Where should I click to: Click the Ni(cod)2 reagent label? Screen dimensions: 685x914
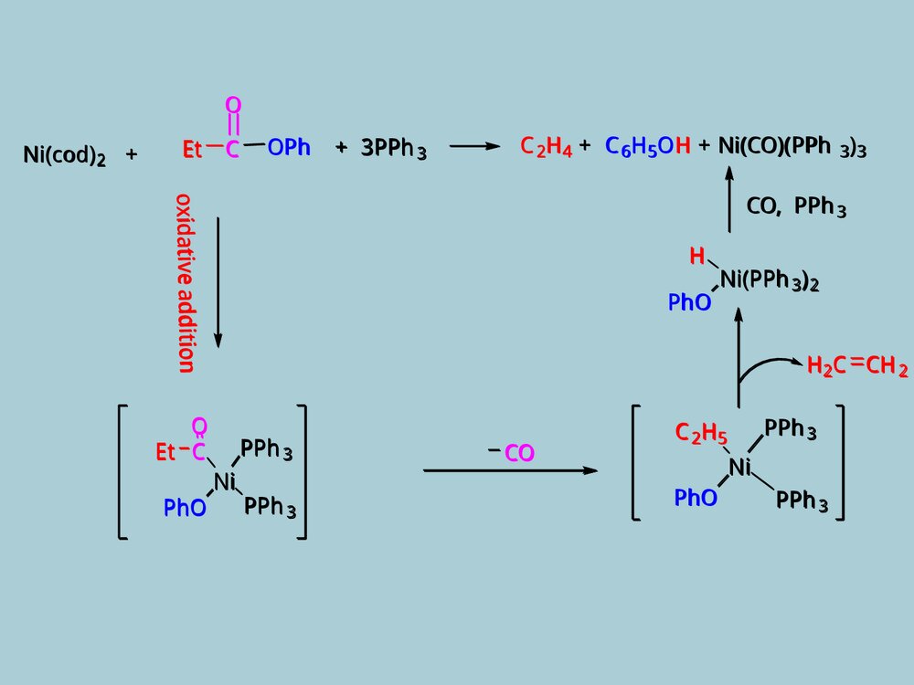click(64, 155)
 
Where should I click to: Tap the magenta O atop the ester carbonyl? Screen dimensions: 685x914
click(233, 107)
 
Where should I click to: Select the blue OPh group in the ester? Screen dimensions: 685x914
click(289, 148)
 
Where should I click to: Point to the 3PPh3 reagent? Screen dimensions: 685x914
click(393, 149)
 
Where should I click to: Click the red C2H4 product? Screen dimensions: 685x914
click(546, 147)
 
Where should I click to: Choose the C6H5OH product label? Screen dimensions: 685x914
click(647, 147)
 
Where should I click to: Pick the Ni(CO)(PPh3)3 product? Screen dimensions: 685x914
click(792, 147)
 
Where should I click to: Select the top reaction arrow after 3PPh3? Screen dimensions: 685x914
click(475, 147)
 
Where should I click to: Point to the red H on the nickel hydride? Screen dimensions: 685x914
click(697, 257)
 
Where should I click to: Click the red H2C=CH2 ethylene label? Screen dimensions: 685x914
click(856, 367)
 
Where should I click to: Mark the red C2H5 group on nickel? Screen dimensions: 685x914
click(700, 432)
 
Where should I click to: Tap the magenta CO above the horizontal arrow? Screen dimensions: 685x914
click(519, 452)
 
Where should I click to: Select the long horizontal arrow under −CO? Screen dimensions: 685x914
click(510, 470)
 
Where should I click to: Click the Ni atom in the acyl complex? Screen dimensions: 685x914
click(225, 480)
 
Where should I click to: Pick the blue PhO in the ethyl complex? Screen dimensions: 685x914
click(696, 498)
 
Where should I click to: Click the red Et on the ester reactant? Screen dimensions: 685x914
click(193, 149)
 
